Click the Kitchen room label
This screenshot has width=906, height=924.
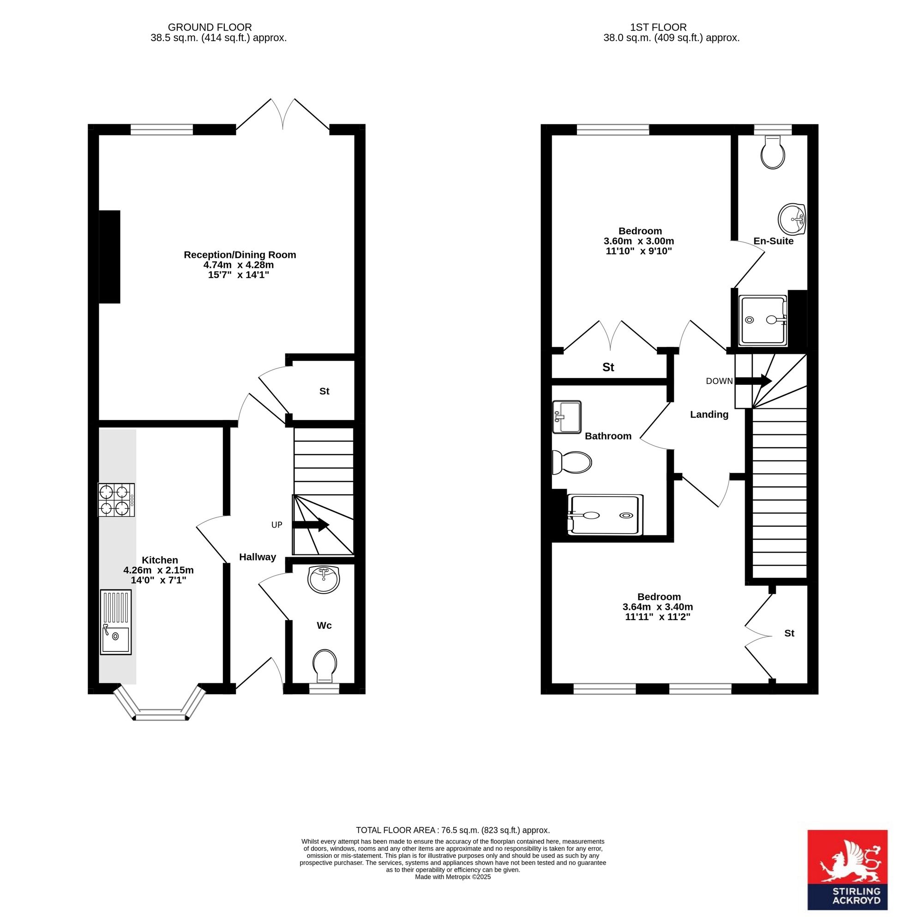click(x=160, y=560)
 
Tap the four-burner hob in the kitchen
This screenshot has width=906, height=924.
click(x=117, y=499)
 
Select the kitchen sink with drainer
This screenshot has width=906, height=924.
click(x=116, y=622)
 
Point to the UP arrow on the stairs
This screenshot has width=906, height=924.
click(x=311, y=525)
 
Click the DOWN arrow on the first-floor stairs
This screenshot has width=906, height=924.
click(x=753, y=381)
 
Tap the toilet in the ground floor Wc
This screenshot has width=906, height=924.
click(x=324, y=665)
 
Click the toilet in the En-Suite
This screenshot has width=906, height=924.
click(x=773, y=152)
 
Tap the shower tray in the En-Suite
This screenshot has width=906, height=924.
click(x=763, y=321)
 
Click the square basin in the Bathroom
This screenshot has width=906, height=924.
click(x=566, y=417)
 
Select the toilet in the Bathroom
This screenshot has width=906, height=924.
click(x=571, y=462)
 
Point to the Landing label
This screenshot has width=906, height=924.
click(x=709, y=414)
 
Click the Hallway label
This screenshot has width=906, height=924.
click(x=258, y=557)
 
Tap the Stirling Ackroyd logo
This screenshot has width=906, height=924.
click(x=847, y=870)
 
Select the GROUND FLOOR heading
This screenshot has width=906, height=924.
click(x=210, y=28)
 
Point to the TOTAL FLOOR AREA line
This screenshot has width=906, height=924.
click(x=453, y=830)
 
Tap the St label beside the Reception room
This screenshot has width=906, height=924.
click(x=324, y=391)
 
